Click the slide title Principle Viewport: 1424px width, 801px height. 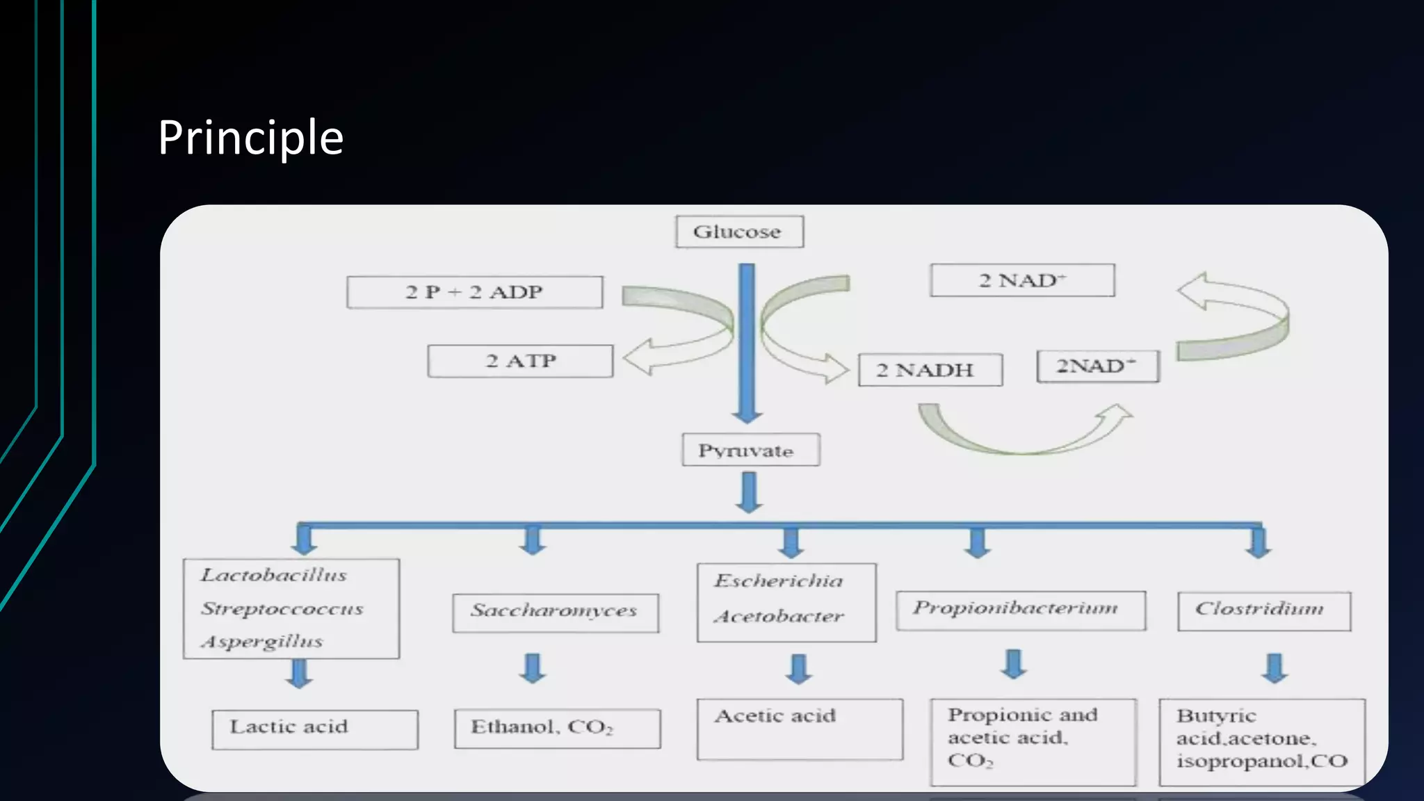pos(250,137)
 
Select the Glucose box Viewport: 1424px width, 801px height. pos(739,232)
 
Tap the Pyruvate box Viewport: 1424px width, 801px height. pos(750,450)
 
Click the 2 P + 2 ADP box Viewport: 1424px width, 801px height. pos(474,292)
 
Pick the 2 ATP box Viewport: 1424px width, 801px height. pos(520,361)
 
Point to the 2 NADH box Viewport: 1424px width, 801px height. pos(930,370)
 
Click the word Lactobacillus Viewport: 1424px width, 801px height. pos(274,575)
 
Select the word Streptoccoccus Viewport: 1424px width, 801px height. pos(282,608)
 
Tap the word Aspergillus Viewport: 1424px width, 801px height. pos(262,641)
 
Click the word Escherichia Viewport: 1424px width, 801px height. pos(778,581)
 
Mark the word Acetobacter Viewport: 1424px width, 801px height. pos(779,616)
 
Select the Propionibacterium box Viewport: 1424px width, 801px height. pos(1020,610)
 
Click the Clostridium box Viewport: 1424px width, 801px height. pos(1263,610)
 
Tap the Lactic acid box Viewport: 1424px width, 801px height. pos(314,729)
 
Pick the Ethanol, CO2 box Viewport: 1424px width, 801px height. pos(557,728)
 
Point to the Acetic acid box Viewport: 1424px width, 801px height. pos(800,729)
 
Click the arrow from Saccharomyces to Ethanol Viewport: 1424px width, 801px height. pos(533,667)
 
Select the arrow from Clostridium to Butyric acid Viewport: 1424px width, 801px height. pos(1275,667)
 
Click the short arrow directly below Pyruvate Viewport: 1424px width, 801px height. pos(749,492)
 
